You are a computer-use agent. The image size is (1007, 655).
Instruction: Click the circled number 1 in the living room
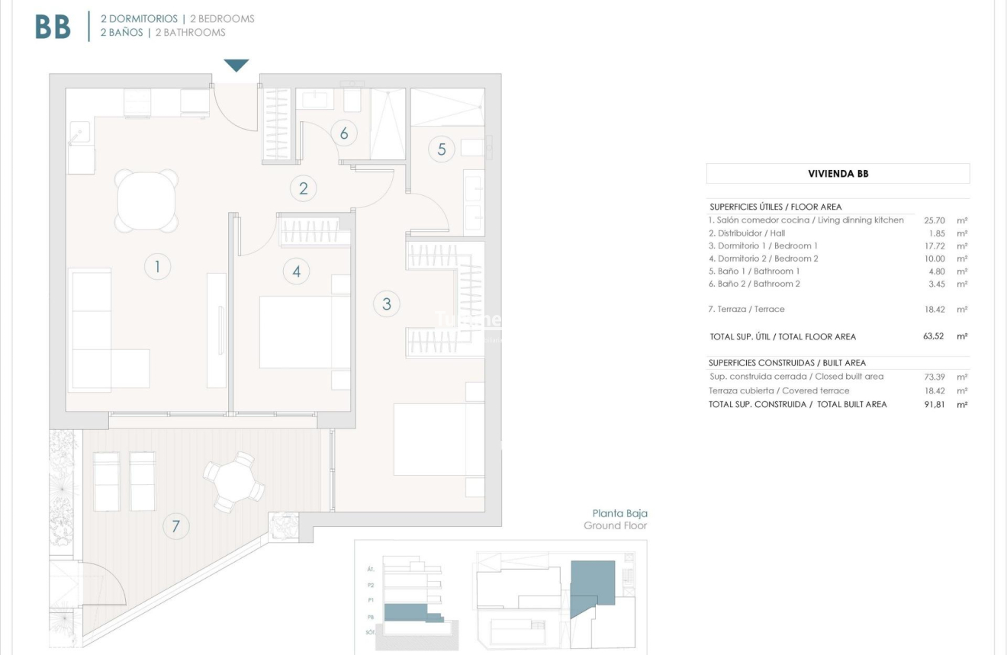(157, 266)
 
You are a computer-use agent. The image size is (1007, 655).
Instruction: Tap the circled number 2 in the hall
(304, 188)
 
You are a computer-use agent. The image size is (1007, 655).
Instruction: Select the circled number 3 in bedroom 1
(387, 304)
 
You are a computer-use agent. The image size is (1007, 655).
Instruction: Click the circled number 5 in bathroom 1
(442, 149)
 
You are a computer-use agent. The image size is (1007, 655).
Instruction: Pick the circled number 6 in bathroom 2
(344, 133)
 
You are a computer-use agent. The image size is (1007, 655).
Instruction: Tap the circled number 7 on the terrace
(176, 526)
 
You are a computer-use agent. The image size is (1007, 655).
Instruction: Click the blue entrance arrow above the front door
(236, 66)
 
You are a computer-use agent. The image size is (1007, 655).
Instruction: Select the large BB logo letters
(53, 27)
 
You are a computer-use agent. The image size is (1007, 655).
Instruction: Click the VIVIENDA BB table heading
(838, 174)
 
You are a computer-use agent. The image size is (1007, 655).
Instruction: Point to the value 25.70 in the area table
(935, 220)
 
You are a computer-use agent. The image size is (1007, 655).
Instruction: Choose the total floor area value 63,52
(934, 336)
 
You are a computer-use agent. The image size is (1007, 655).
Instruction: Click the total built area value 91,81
(934, 404)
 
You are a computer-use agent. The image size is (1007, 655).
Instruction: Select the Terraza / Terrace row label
(746, 310)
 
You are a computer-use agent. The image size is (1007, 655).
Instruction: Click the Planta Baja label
(619, 514)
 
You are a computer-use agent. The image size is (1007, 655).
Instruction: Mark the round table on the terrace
(234, 482)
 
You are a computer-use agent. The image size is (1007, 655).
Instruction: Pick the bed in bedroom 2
(304, 332)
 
